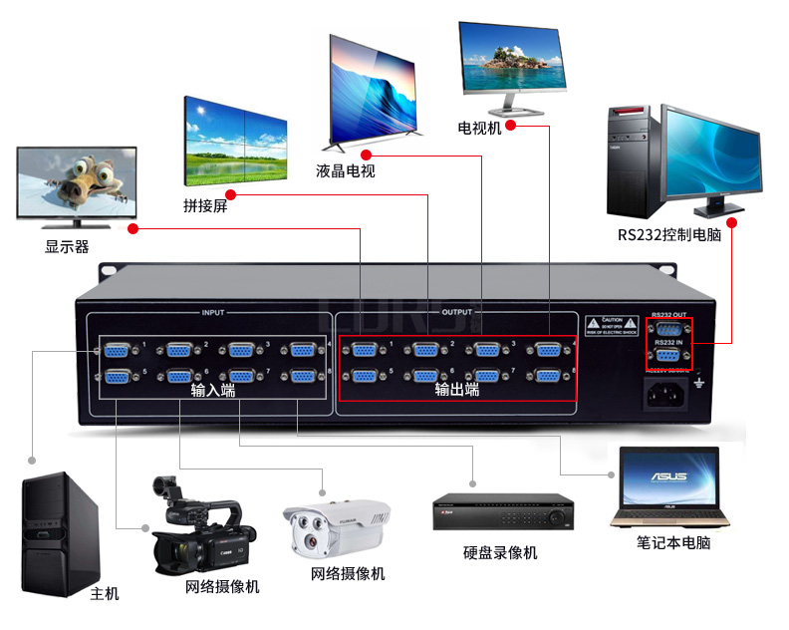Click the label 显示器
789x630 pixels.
[67, 246]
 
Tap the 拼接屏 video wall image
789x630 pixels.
[235, 141]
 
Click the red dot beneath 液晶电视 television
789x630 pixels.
[367, 155]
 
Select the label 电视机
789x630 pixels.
[479, 128]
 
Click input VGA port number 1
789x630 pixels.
[119, 350]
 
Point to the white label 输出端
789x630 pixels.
[457, 390]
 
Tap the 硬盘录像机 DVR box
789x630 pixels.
[503, 512]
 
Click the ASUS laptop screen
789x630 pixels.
[668, 478]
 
